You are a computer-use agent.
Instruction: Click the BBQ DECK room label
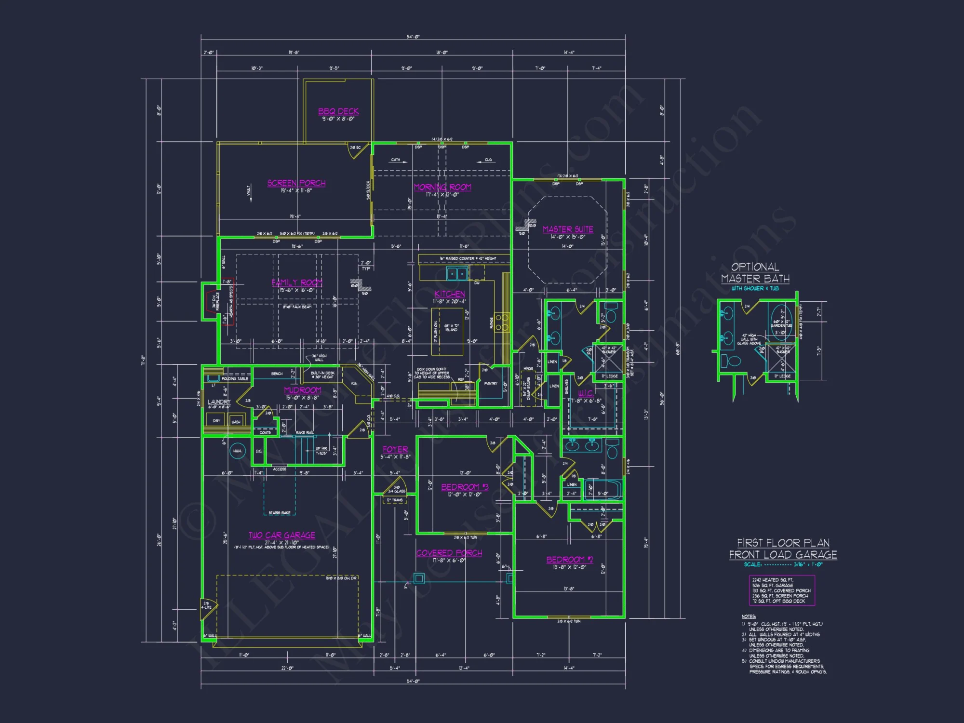pyautogui.click(x=338, y=111)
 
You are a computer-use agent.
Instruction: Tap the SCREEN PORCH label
pyautogui.click(x=296, y=183)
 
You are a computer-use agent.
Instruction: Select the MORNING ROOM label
pyautogui.click(x=442, y=187)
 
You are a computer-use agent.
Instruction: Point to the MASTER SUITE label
pyautogui.click(x=568, y=229)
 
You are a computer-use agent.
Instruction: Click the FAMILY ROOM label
pyautogui.click(x=297, y=282)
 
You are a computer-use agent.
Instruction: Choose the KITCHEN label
pyautogui.click(x=450, y=294)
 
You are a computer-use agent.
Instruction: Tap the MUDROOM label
pyautogui.click(x=303, y=390)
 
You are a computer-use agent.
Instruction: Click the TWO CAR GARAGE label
pyautogui.click(x=282, y=536)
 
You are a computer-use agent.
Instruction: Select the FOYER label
pyautogui.click(x=395, y=449)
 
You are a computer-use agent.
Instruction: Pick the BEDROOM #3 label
pyautogui.click(x=465, y=487)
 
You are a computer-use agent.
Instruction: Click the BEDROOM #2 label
pyautogui.click(x=570, y=560)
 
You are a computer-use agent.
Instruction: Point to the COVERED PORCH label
pyautogui.click(x=449, y=553)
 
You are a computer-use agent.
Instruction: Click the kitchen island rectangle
pyautogui.click(x=447, y=332)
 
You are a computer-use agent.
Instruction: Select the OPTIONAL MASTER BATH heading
pyautogui.click(x=755, y=273)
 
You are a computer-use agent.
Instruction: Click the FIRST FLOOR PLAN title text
pyautogui.click(x=783, y=543)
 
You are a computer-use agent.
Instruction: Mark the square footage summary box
pyautogui.click(x=782, y=590)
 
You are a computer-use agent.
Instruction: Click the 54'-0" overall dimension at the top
pyautogui.click(x=413, y=37)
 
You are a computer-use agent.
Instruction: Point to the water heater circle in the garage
pyautogui.click(x=237, y=451)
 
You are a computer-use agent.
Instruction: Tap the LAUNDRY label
pyautogui.click(x=219, y=402)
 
